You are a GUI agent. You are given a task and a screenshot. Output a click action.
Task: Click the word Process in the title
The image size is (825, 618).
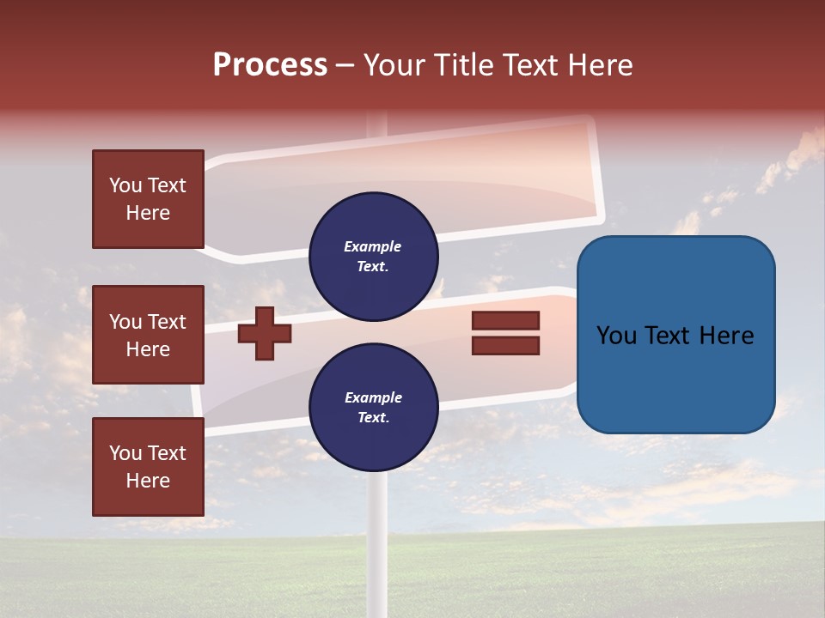270,65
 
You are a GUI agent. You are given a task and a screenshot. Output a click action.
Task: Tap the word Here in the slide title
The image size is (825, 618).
599,65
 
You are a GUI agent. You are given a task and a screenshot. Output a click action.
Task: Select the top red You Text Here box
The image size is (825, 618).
148,199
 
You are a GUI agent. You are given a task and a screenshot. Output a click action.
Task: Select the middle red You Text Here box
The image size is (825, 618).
148,335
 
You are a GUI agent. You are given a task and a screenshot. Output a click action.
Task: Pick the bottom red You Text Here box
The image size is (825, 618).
148,467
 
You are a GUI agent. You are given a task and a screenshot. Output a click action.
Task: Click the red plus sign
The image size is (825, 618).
265,333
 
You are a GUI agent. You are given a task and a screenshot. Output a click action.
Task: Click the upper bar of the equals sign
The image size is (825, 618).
505,320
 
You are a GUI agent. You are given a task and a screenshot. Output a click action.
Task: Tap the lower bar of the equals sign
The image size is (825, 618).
505,346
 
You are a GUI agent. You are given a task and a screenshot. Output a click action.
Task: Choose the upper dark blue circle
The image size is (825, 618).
373,257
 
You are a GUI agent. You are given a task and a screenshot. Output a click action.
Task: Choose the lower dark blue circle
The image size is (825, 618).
373,408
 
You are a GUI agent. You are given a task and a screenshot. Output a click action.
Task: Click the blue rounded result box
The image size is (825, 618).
675,335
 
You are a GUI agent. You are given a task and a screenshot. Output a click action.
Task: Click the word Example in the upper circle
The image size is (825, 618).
373,246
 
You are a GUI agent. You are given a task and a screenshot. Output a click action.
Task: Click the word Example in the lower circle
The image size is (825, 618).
373,397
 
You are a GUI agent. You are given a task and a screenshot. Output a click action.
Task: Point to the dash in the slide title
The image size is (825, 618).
345,66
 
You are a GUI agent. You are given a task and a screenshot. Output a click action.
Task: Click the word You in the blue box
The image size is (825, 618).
616,336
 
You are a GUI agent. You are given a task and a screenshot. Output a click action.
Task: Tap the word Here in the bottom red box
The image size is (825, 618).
148,481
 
